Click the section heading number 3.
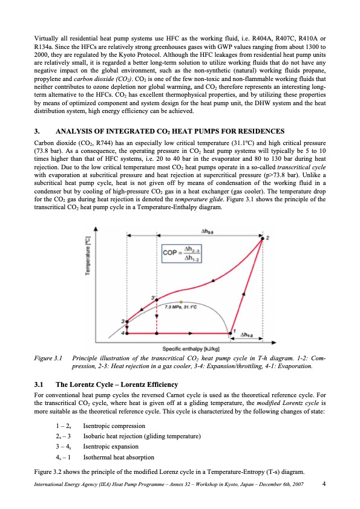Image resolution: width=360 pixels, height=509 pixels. coord(38,131)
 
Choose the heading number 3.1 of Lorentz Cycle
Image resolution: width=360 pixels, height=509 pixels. coord(39,384)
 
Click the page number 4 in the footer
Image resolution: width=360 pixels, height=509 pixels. coord(325,484)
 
